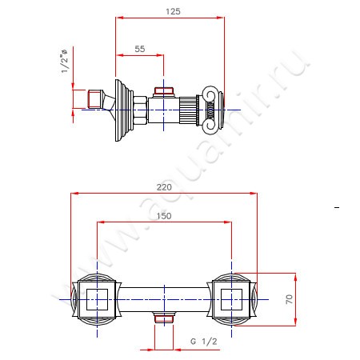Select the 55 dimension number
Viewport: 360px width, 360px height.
(x=140, y=50)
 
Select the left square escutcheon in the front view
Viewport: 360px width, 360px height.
(x=97, y=300)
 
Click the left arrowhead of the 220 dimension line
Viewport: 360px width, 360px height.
(x=74, y=192)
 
